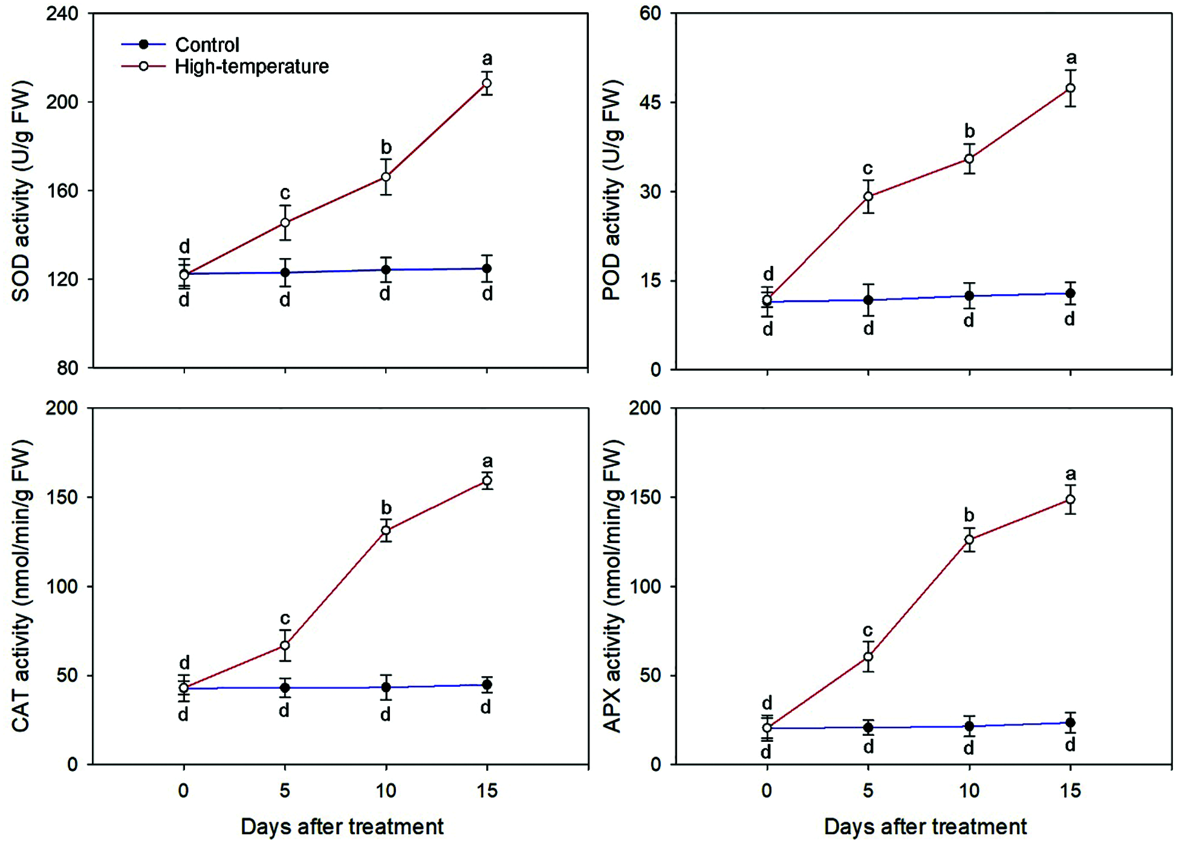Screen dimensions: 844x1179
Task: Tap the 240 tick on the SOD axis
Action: click(62, 14)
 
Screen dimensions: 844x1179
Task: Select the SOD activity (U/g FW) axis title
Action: click(21, 191)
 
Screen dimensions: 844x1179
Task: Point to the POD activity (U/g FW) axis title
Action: click(612, 191)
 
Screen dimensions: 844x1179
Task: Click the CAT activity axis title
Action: click(21, 586)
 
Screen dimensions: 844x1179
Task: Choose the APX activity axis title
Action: click(612, 586)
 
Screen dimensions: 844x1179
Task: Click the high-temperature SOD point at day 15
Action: click(487, 83)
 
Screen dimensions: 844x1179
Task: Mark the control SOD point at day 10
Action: click(386, 269)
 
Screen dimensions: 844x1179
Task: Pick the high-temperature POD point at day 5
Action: click(868, 196)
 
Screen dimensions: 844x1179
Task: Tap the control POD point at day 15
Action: click(1070, 294)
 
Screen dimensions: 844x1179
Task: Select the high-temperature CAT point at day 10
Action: click(386, 530)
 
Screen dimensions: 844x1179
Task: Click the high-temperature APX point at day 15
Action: click(1070, 500)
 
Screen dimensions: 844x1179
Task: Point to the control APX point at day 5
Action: click(868, 727)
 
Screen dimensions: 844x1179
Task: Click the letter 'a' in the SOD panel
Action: click(487, 59)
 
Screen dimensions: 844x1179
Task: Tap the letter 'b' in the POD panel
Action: click(969, 131)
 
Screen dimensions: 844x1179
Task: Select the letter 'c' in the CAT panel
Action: click(285, 619)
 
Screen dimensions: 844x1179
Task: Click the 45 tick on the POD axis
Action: click(649, 103)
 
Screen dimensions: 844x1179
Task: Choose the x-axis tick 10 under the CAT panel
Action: click(386, 791)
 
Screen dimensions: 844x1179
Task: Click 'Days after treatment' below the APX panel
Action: click(925, 826)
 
